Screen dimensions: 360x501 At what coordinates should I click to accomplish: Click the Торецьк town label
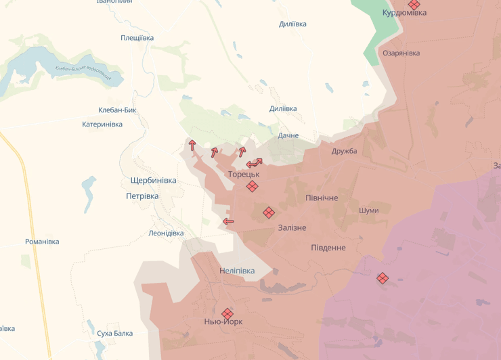click(x=244, y=175)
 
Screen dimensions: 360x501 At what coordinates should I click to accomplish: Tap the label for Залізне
click(x=292, y=228)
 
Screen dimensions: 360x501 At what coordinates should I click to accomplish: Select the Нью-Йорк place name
click(x=223, y=322)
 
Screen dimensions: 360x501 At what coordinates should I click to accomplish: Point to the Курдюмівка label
click(x=404, y=13)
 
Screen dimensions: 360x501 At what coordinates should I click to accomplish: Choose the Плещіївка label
click(x=137, y=38)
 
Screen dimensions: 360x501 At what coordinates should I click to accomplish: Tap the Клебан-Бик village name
click(x=118, y=110)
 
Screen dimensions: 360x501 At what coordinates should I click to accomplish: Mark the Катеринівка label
click(x=102, y=125)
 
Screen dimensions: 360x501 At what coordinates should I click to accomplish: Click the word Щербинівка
click(x=153, y=181)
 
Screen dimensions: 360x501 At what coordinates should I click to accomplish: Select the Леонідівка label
click(x=166, y=233)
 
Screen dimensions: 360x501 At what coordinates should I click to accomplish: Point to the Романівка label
click(x=42, y=242)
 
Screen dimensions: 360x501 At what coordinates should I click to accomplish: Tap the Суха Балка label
click(x=114, y=334)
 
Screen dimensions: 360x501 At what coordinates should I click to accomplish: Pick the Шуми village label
click(x=369, y=210)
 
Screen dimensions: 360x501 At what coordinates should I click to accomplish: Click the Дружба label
click(x=344, y=151)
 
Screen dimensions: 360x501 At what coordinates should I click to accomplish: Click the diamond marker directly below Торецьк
click(x=252, y=186)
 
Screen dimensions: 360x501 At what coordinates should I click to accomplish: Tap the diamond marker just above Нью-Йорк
click(x=227, y=313)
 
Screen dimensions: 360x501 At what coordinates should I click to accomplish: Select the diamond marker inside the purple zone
click(x=383, y=277)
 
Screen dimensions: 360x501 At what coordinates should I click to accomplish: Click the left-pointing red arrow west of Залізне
click(x=229, y=221)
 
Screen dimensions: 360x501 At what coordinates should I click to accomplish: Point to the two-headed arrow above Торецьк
click(x=254, y=163)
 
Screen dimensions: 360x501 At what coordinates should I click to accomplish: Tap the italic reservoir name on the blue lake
click(x=83, y=70)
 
